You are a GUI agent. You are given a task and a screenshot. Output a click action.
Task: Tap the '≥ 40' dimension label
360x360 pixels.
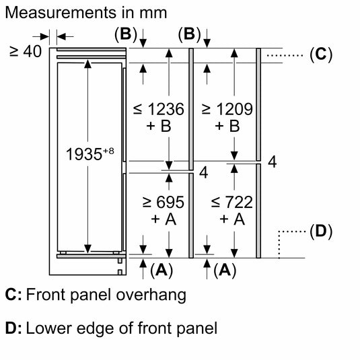(25, 51)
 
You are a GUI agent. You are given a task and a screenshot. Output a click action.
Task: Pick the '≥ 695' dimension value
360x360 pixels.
(159, 201)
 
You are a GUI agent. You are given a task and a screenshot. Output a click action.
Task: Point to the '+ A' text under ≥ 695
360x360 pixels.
(159, 219)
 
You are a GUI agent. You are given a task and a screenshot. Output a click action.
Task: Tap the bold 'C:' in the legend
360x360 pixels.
(13, 295)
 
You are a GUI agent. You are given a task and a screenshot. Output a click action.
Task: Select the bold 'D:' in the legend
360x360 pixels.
(13, 328)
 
